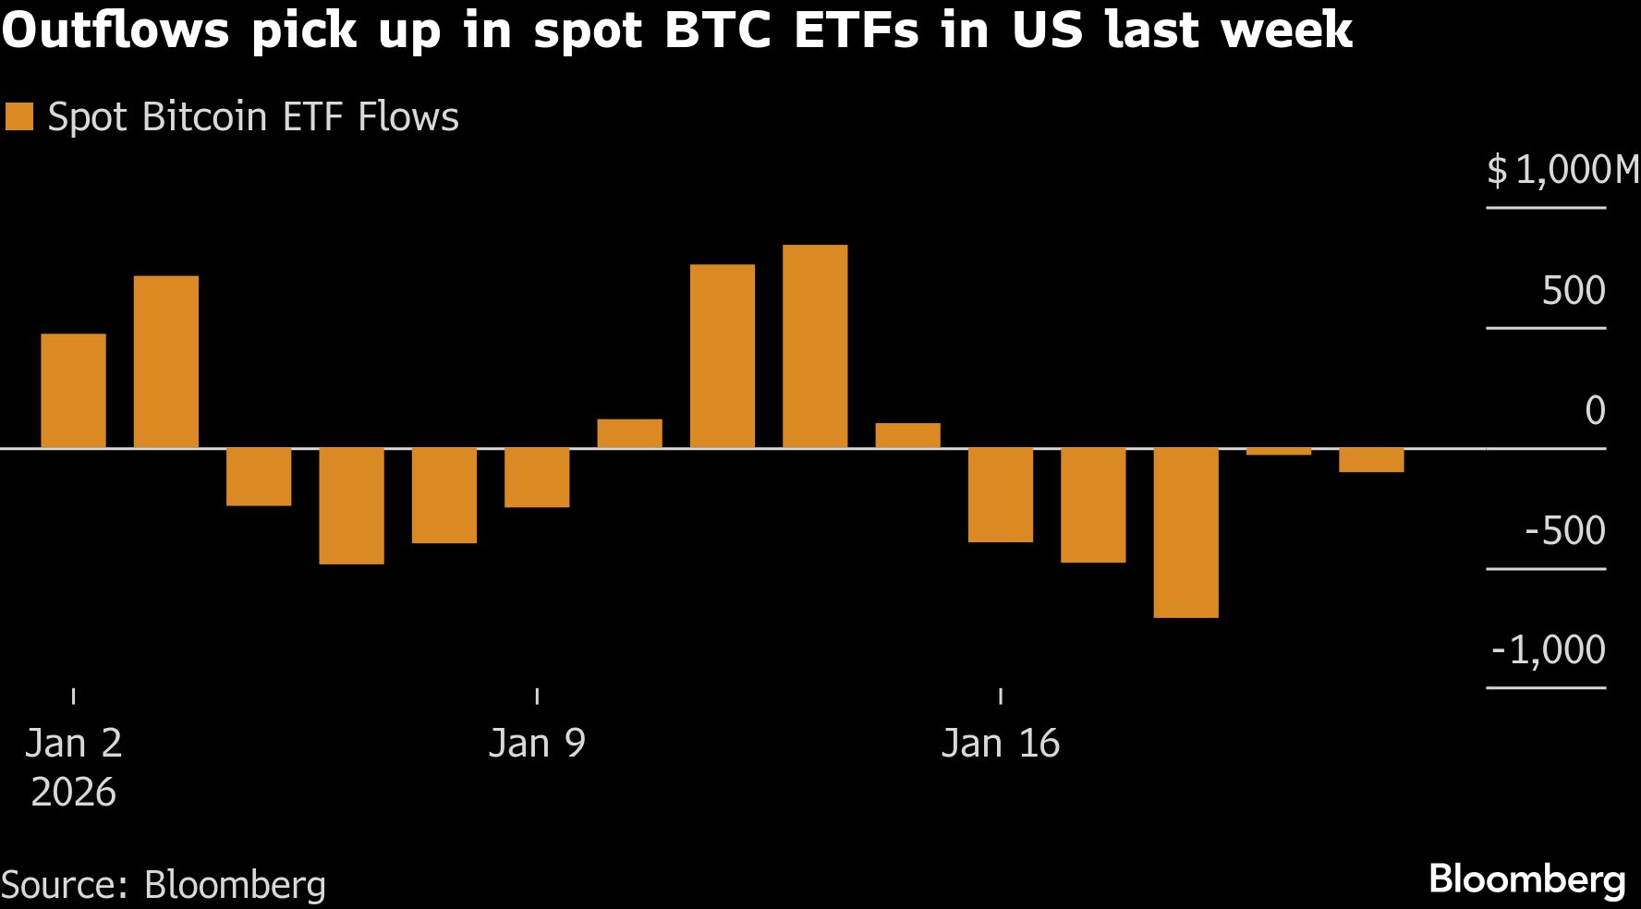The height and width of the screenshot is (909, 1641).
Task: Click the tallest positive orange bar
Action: click(x=814, y=346)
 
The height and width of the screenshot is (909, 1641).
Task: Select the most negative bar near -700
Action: click(x=1185, y=533)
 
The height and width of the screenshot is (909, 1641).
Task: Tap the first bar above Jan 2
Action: click(x=74, y=391)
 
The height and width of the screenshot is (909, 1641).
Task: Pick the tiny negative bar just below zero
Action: click(x=1278, y=452)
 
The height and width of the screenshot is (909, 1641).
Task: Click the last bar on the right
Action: click(x=1371, y=460)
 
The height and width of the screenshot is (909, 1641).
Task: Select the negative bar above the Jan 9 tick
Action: click(x=537, y=478)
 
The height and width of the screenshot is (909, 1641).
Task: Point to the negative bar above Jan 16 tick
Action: click(x=1001, y=495)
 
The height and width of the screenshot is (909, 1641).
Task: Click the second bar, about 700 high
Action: click(x=166, y=362)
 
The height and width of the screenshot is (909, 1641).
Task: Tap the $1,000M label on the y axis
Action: click(x=1562, y=171)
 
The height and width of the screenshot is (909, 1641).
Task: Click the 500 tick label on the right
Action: click(x=1573, y=291)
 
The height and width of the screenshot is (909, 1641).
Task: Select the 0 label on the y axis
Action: click(x=1594, y=411)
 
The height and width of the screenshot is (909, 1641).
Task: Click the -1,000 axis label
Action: click(x=1549, y=650)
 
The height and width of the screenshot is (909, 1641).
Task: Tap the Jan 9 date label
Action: click(x=537, y=744)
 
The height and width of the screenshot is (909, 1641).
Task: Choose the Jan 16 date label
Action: click(x=1001, y=744)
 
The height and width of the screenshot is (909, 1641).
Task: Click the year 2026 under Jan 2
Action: click(x=74, y=793)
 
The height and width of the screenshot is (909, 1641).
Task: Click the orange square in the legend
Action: click(x=19, y=117)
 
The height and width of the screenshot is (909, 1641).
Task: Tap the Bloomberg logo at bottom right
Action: click(x=1526, y=879)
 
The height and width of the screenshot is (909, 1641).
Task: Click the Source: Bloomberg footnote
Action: click(x=164, y=885)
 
